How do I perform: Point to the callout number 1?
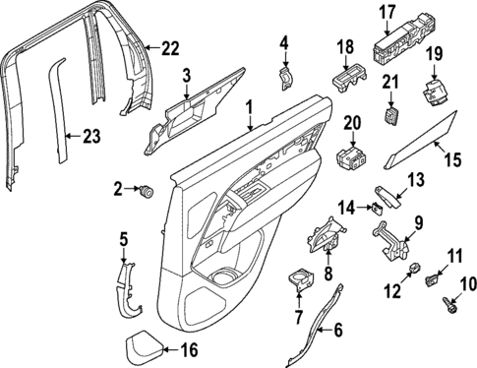coord(250,104)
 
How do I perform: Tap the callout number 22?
coord(171,47)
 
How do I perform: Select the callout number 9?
coord(417,222)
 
